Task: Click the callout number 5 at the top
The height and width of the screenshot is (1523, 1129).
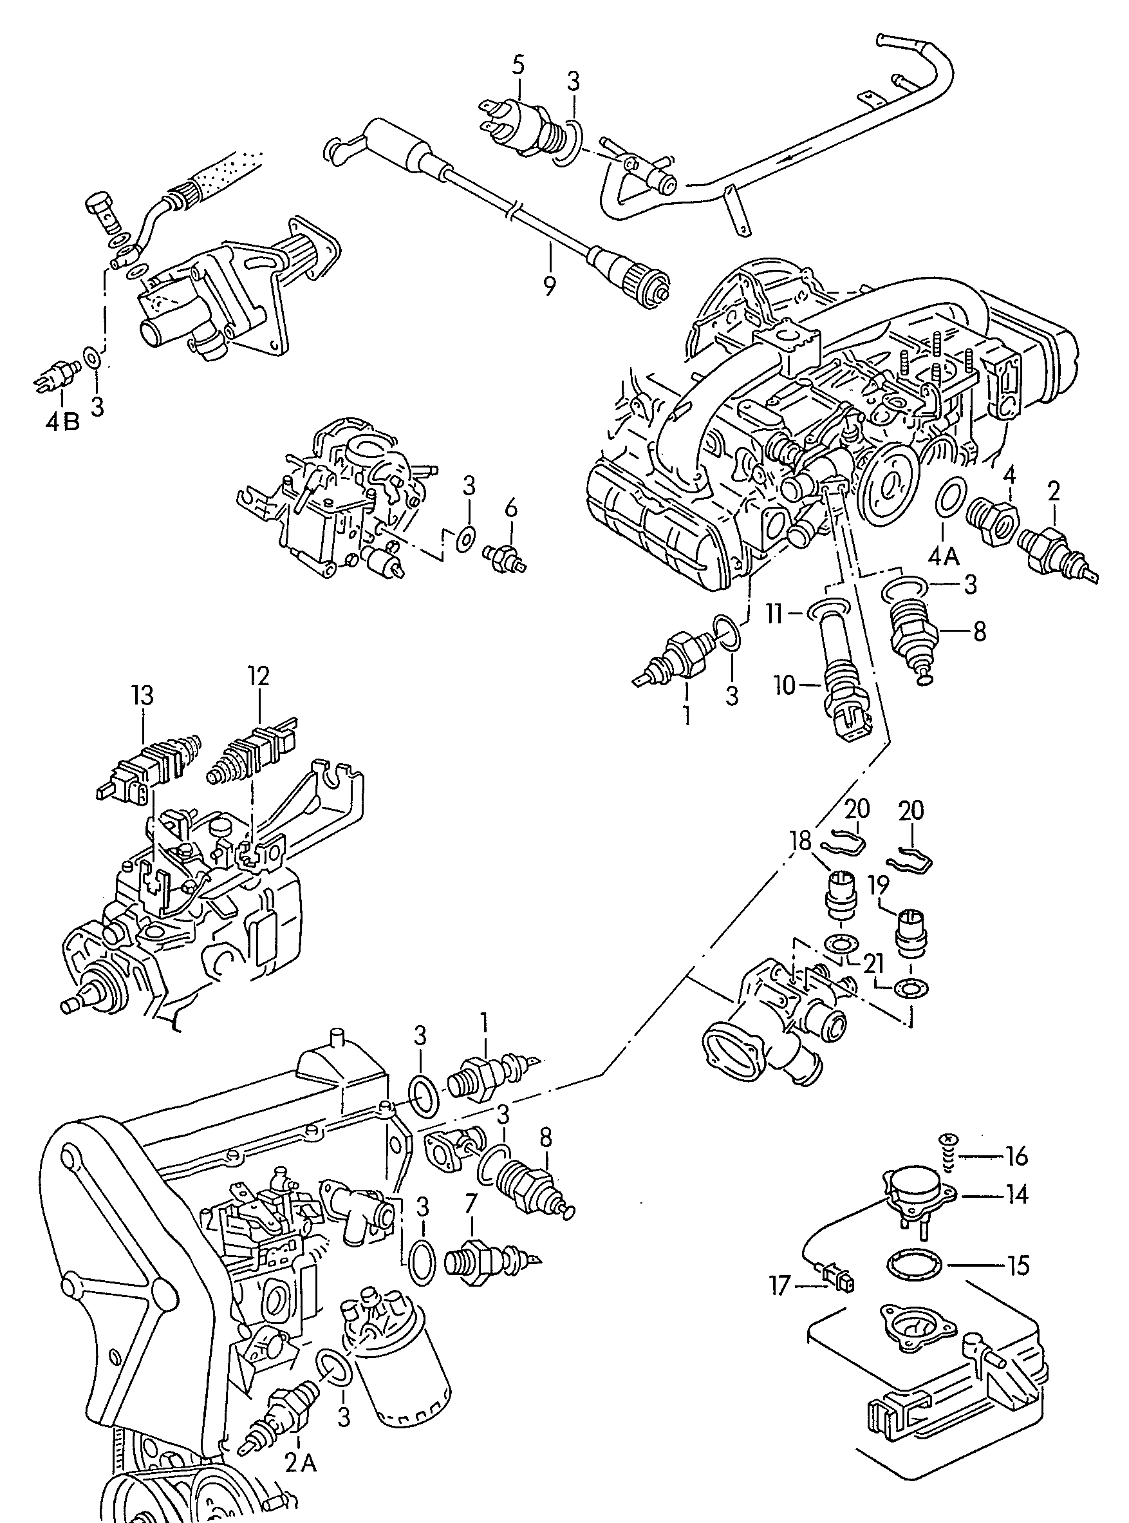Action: click(518, 66)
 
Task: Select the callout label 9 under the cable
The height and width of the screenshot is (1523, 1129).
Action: click(550, 285)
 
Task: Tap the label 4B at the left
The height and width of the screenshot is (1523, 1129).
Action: click(63, 421)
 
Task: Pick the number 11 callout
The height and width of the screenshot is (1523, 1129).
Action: click(773, 614)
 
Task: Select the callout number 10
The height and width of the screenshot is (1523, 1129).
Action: click(786, 685)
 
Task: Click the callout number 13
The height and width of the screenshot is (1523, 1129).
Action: click(144, 697)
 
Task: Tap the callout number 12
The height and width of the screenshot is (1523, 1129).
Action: click(259, 676)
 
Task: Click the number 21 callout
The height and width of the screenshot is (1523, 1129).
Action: click(873, 964)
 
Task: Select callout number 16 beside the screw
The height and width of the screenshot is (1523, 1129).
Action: click(1017, 1157)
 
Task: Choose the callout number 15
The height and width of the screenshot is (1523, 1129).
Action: click(1018, 1265)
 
